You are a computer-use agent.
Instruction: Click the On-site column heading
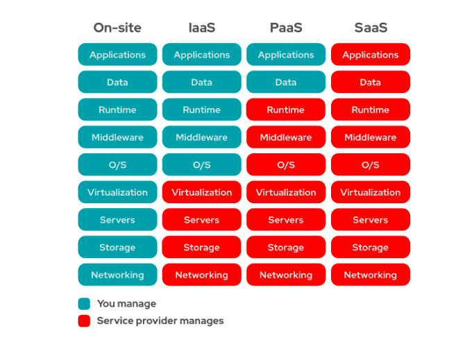[x=117, y=28]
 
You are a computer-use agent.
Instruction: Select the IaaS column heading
[x=202, y=28]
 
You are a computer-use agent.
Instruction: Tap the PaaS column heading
[x=286, y=28]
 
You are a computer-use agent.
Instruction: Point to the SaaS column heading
[x=370, y=28]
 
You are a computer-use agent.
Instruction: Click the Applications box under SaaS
[x=370, y=55]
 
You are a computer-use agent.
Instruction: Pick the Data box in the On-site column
[x=117, y=83]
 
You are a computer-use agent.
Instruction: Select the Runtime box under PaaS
[x=286, y=110]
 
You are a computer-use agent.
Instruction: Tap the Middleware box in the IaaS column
[x=202, y=137]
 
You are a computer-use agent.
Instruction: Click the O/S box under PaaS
[x=286, y=165]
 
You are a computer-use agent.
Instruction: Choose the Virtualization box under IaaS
[x=202, y=192]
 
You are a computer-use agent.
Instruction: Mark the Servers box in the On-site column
[x=117, y=220]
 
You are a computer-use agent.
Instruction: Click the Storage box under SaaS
[x=370, y=248]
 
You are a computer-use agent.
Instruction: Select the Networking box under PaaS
[x=286, y=275]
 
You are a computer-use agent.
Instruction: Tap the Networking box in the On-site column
[x=117, y=275]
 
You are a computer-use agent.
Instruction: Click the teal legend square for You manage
[x=84, y=304]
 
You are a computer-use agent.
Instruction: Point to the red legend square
[x=84, y=321]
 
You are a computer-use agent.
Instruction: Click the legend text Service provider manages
[x=160, y=321]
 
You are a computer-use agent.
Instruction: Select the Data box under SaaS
[x=370, y=83]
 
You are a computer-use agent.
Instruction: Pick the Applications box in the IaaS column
[x=202, y=55]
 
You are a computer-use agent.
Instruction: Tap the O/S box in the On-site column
[x=117, y=165]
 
